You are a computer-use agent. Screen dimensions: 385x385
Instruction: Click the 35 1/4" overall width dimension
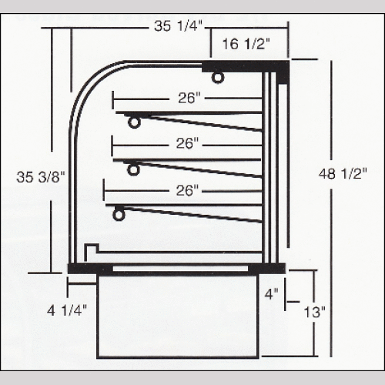point(178,26)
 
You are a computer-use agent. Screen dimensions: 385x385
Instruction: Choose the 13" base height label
point(315,312)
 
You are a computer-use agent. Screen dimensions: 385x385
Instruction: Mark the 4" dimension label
point(269,293)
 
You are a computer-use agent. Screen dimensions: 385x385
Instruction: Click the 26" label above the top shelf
point(188,98)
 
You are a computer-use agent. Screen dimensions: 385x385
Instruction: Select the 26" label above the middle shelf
point(187,143)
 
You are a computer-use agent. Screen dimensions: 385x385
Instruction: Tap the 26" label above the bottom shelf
point(187,189)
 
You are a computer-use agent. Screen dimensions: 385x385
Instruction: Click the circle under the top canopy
point(219,77)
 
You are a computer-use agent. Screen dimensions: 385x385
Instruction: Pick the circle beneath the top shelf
point(135,122)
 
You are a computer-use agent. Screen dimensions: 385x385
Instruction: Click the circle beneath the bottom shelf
point(119,216)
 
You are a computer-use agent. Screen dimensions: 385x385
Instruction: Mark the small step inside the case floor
point(91,249)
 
